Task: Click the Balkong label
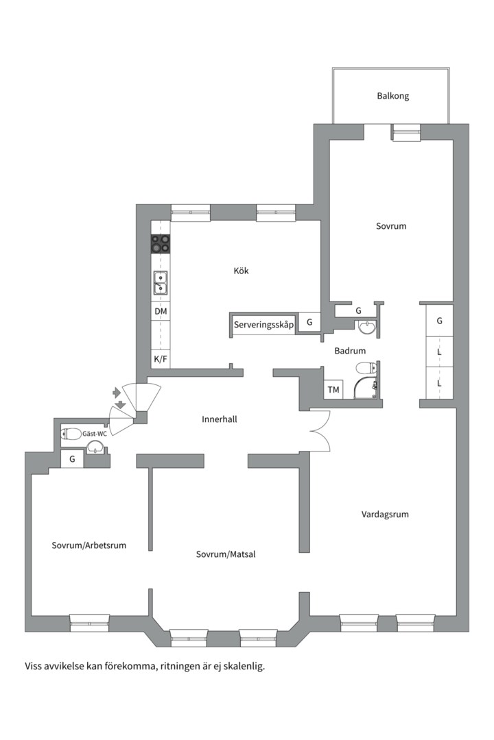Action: (392, 96)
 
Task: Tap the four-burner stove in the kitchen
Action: (161, 243)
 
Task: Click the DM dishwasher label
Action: (161, 312)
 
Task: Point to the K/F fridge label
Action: (161, 358)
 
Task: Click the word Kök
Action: (241, 271)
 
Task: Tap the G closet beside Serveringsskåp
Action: (309, 322)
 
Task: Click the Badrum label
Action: (350, 351)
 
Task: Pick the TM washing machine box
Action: (334, 390)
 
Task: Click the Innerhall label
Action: (220, 419)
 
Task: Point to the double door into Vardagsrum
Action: (320, 430)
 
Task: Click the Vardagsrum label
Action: (385, 514)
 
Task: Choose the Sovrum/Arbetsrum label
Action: (89, 545)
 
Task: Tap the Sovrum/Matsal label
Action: (226, 554)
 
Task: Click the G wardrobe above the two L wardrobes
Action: (439, 321)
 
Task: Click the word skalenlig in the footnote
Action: (244, 665)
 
